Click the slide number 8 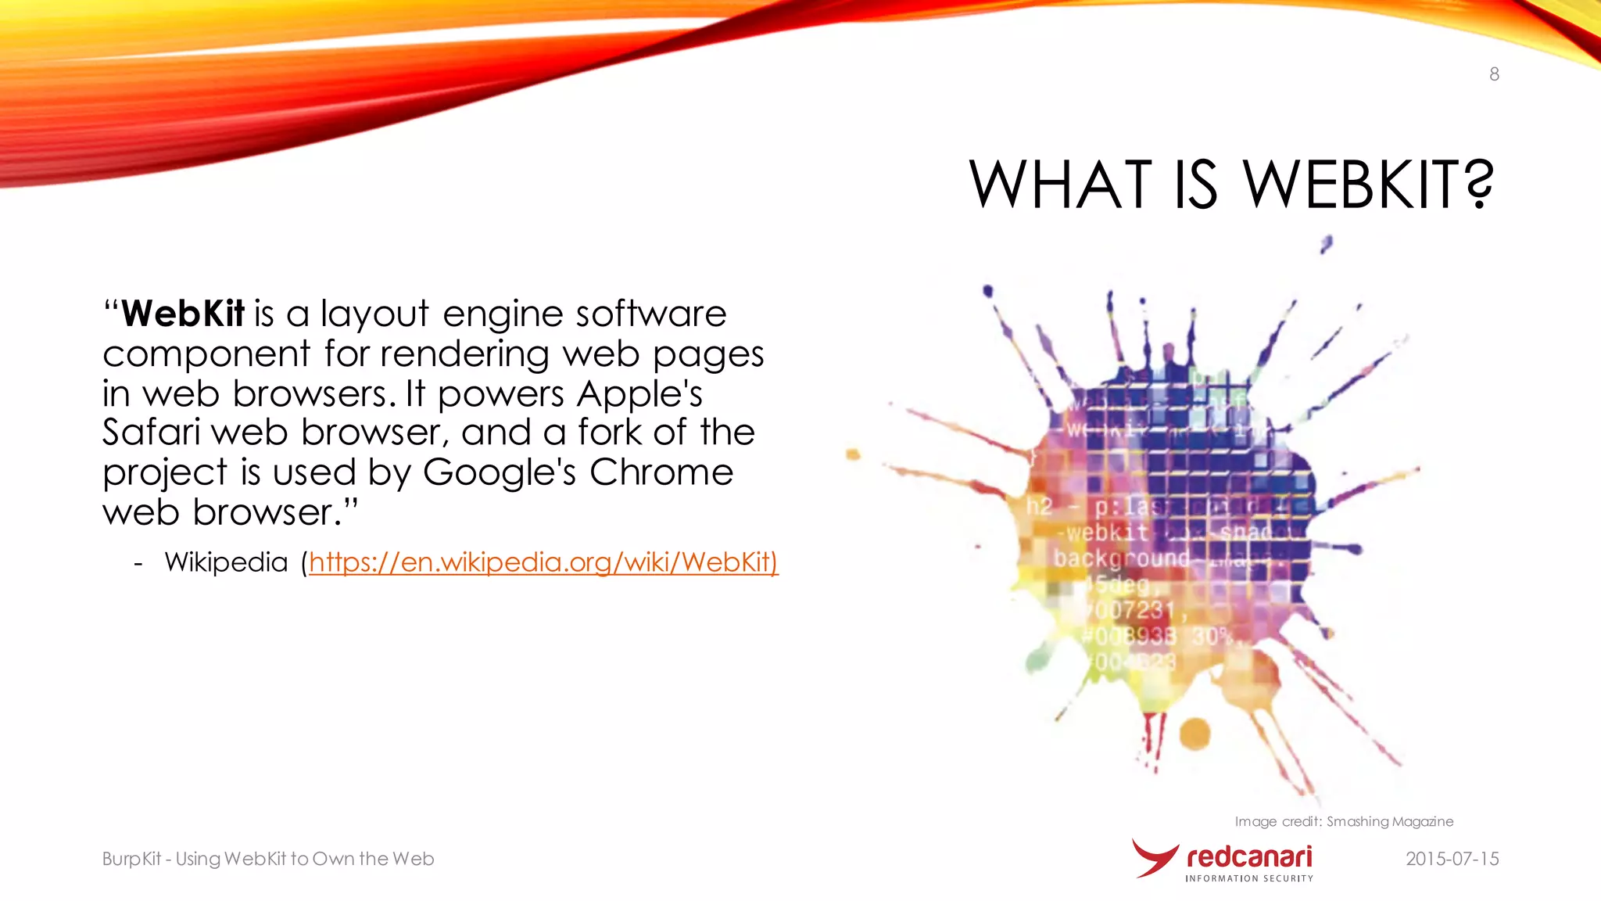(1494, 74)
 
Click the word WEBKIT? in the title (1368, 185)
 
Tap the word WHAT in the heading (1060, 185)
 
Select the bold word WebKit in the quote (183, 314)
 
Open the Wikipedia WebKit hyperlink (543, 562)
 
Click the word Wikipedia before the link (226, 562)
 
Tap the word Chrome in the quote (661, 472)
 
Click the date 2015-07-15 (1452, 859)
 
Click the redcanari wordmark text (1249, 856)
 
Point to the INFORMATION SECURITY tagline (1249, 878)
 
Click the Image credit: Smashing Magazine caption (1344, 821)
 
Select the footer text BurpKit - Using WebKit (267, 859)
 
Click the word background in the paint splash (1121, 558)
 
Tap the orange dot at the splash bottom (1194, 734)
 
